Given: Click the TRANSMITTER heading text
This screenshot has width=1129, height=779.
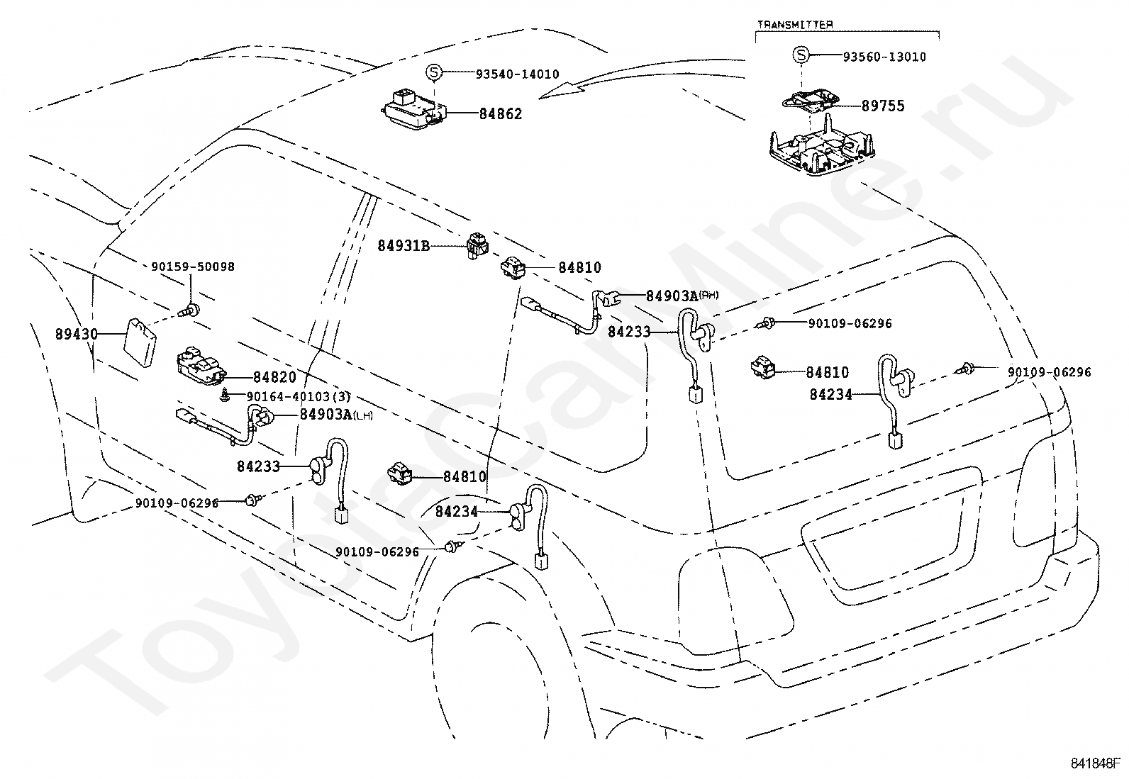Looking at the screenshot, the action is click(795, 24).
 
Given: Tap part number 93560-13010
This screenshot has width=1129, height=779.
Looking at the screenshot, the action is click(884, 57).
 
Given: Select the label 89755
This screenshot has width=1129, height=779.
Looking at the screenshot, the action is click(883, 106).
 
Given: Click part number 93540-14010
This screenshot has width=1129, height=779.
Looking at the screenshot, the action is click(518, 74).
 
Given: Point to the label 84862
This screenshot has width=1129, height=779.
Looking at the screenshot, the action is click(501, 114).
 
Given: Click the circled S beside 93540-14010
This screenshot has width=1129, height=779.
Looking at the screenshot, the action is click(433, 72).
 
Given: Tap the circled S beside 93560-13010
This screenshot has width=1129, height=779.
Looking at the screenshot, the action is click(801, 55).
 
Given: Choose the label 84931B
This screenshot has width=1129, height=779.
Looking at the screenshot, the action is click(404, 246).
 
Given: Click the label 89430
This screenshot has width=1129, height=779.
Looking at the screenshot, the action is click(77, 334).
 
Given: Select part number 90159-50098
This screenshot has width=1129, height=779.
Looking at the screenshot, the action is click(193, 267).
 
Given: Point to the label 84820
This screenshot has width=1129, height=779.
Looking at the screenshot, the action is click(274, 377).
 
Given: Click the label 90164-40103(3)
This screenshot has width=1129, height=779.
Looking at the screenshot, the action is click(299, 396).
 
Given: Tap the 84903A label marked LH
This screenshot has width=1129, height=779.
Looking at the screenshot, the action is click(337, 415).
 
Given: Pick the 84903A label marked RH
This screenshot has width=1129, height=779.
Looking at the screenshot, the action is click(682, 296).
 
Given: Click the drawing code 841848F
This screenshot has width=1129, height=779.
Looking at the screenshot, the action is click(1095, 764).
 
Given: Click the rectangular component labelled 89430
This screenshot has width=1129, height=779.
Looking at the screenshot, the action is click(140, 342).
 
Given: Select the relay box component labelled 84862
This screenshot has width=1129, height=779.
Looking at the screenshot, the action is click(415, 110).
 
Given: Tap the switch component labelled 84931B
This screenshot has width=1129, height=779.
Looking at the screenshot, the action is click(477, 245).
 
